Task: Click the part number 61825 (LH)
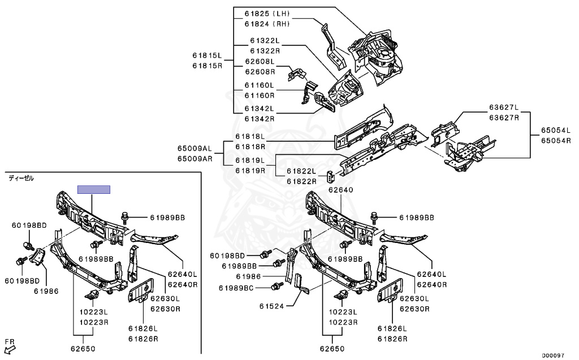[x=267, y=12]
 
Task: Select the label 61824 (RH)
[x=267, y=24]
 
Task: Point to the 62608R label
[x=260, y=72]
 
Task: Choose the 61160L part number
[x=259, y=85]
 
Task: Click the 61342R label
[x=259, y=119]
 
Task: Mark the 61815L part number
[x=207, y=55]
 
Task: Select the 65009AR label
[x=194, y=159]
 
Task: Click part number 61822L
[x=301, y=171]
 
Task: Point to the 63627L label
[x=504, y=107]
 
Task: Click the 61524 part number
[x=274, y=307]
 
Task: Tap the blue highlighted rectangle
[x=93, y=189]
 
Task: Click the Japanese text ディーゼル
[x=21, y=178]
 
